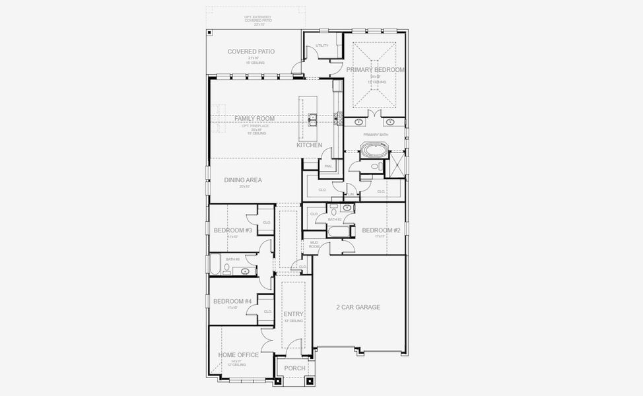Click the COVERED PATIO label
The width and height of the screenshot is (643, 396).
(251, 51)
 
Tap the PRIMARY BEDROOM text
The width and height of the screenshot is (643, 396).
(375, 69)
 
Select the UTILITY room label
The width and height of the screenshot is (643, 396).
(321, 46)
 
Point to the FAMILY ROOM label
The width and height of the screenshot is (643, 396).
(254, 118)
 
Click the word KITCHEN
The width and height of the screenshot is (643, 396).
(309, 145)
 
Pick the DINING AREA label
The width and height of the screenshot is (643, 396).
(243, 180)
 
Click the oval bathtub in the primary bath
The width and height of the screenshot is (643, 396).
(374, 150)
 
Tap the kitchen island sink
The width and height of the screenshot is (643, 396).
(313, 119)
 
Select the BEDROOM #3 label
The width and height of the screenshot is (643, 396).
(232, 230)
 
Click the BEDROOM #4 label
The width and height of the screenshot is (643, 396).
(232, 302)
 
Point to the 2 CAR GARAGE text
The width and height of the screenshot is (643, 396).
(358, 307)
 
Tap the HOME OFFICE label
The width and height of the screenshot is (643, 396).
(238, 355)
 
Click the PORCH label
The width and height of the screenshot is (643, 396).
(294, 368)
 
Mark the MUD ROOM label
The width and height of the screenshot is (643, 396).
(314, 245)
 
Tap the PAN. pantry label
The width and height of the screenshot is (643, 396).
(327, 166)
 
